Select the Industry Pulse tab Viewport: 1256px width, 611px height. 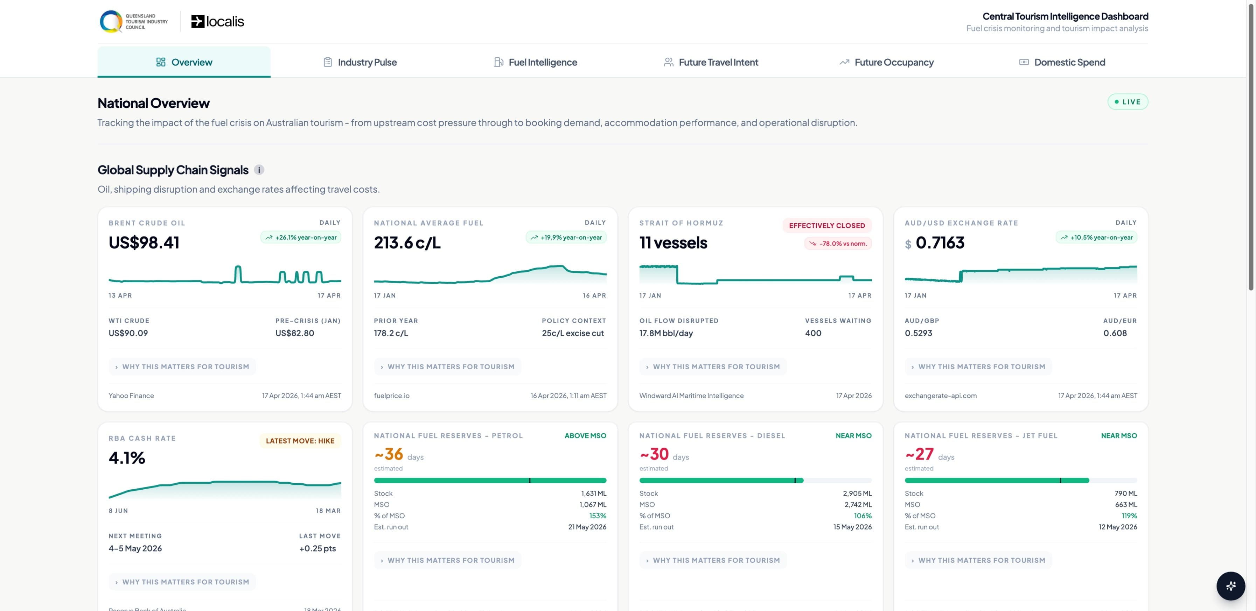coord(360,62)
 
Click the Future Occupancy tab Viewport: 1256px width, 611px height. coord(886,62)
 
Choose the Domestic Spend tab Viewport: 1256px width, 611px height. coord(1062,62)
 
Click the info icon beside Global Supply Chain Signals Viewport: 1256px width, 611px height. coord(259,170)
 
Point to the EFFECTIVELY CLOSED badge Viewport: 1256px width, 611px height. coord(826,226)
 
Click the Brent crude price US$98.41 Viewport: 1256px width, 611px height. coord(144,243)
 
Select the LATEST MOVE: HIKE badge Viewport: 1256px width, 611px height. coord(300,441)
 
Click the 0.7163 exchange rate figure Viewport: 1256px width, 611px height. coord(940,243)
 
